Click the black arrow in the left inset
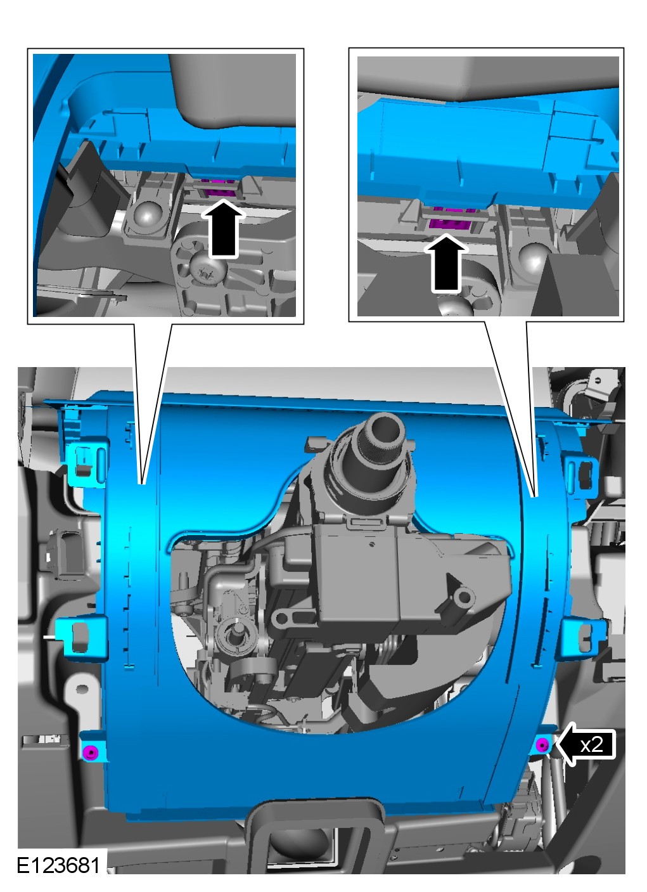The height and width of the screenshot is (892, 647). point(223,229)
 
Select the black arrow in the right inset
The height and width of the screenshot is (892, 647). point(446,263)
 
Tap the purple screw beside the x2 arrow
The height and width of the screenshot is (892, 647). point(542,744)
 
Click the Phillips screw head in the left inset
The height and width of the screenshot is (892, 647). point(207,269)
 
